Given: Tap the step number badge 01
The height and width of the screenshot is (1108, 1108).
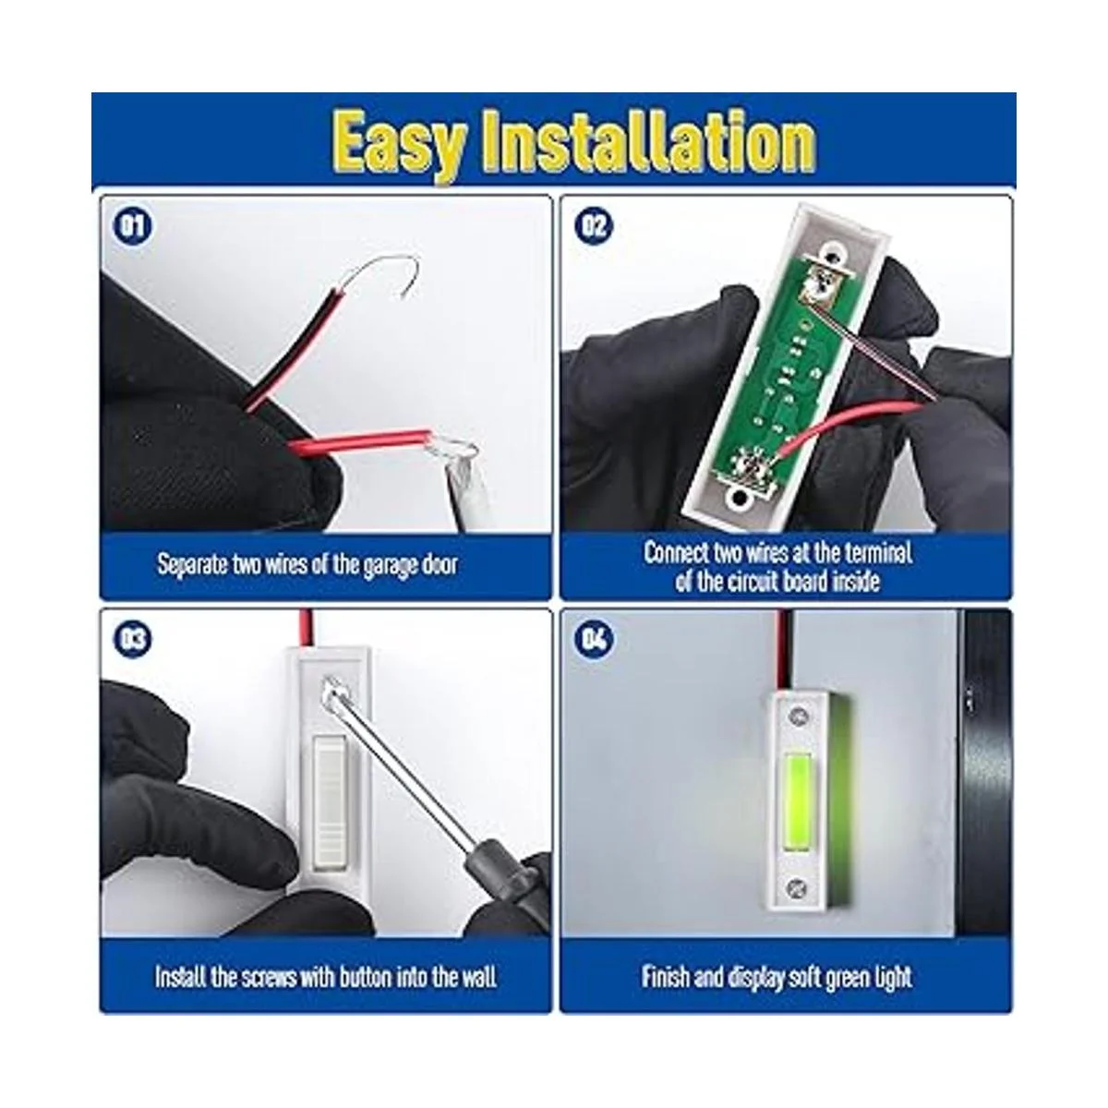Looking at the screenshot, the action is click(133, 226).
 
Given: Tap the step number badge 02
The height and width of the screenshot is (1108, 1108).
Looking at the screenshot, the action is click(594, 226).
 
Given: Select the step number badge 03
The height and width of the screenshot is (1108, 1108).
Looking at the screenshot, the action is click(133, 639).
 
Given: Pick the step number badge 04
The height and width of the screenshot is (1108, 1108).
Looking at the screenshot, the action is click(594, 639).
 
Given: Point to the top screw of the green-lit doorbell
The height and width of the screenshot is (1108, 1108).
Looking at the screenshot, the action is click(799, 717).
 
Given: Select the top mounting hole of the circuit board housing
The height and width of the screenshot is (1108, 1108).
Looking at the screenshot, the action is click(832, 250).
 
